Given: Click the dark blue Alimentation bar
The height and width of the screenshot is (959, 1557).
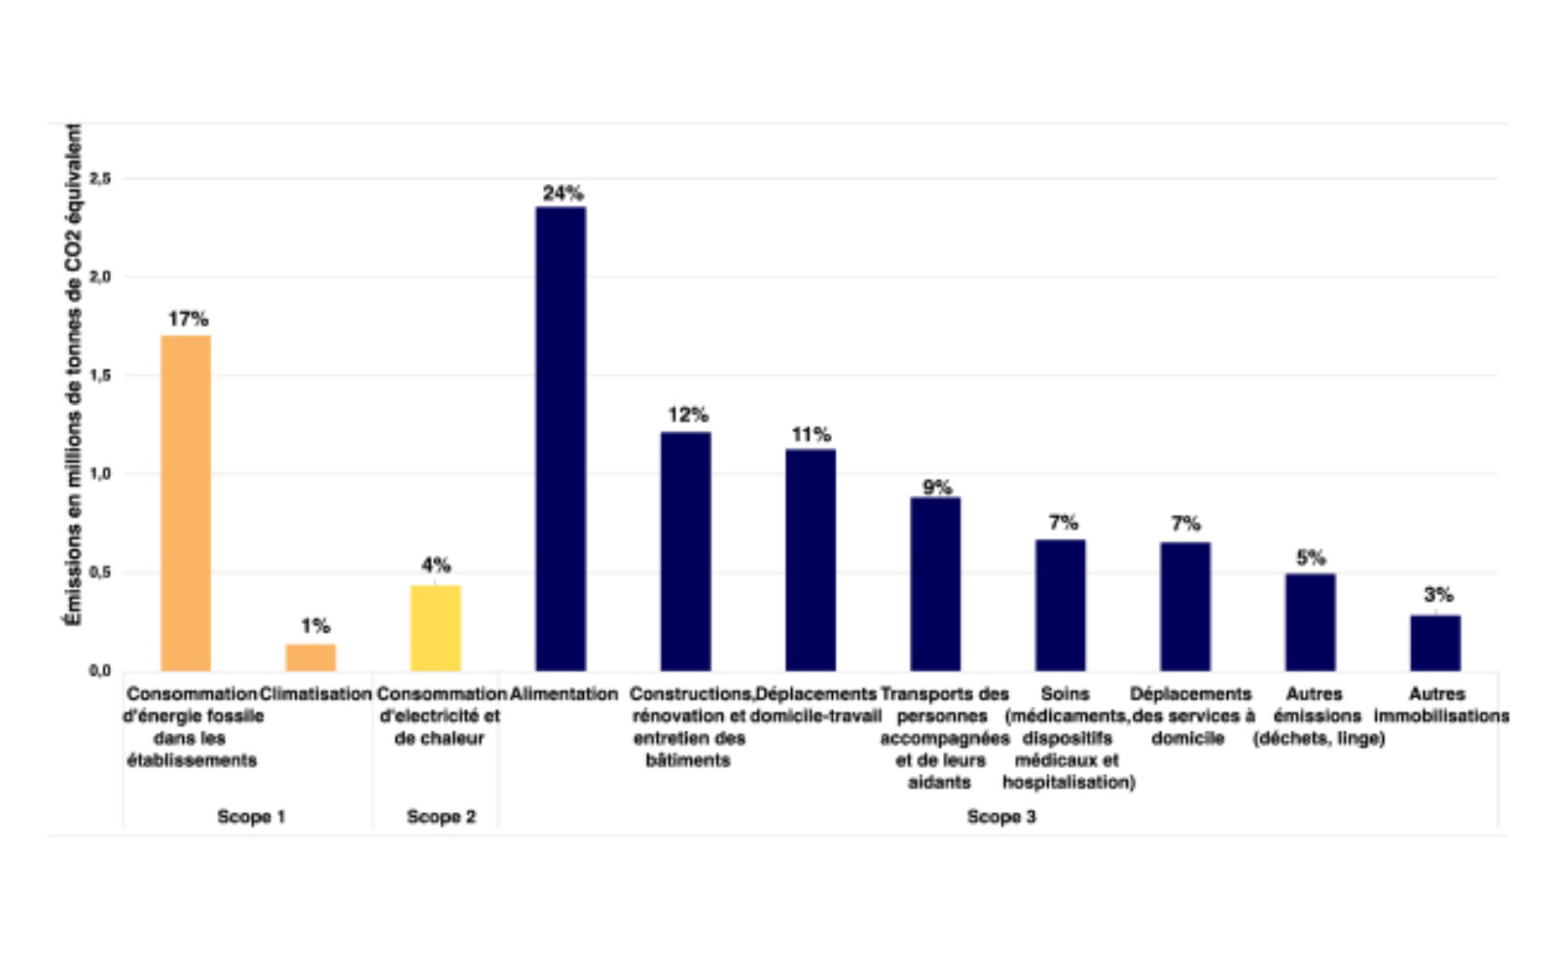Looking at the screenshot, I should click(561, 438).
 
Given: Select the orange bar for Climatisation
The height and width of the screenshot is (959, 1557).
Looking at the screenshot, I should click(310, 657).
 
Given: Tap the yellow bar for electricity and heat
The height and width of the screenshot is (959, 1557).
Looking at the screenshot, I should click(435, 628).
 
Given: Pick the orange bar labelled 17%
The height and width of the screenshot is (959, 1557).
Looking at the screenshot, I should click(186, 502).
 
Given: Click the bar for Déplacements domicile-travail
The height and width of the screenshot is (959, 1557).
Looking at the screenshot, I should click(811, 560).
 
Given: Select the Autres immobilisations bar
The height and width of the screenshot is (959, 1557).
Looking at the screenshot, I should click(1435, 643).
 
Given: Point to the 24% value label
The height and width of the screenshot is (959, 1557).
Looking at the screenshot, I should click(562, 193).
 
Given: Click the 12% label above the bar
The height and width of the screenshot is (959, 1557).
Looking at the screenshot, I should click(687, 415).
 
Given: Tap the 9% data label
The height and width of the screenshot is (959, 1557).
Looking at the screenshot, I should click(936, 487).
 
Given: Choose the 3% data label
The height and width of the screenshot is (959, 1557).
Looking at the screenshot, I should click(1437, 595).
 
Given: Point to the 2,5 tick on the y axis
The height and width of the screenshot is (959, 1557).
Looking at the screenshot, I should click(100, 178).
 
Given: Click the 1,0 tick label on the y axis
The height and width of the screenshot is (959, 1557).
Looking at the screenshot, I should click(100, 474).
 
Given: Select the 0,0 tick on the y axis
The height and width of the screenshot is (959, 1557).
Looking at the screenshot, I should click(100, 671).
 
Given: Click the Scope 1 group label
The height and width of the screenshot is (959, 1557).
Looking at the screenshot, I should click(251, 817).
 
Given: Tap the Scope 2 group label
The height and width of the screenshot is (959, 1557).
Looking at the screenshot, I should click(441, 817).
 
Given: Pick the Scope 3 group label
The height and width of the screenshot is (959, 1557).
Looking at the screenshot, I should click(1000, 817).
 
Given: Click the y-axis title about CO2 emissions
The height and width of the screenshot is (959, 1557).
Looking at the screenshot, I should click(74, 375).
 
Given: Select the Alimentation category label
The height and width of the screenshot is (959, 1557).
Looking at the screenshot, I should click(563, 694).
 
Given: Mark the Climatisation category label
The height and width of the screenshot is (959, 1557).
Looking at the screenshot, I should click(315, 694).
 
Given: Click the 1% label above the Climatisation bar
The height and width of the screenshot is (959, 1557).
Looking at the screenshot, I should click(314, 626).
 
